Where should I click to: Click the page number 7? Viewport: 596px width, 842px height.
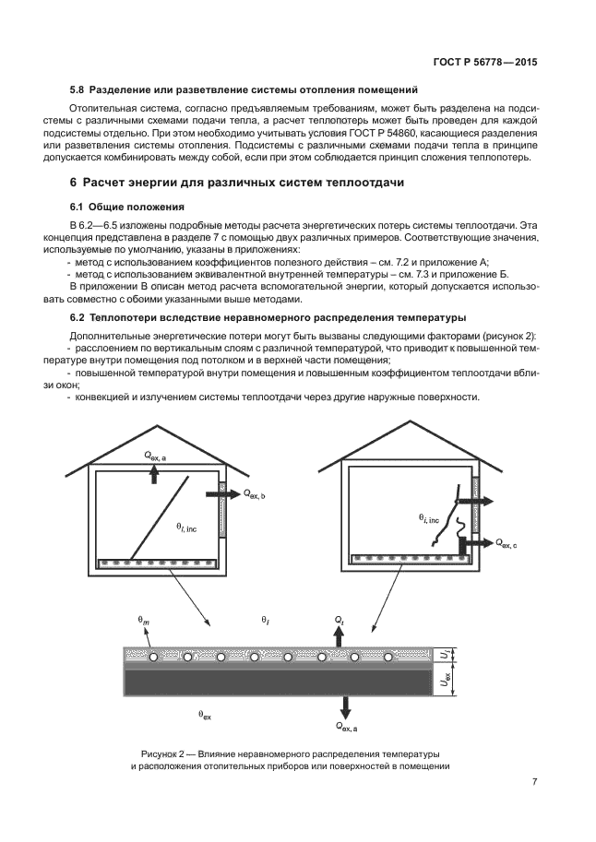coord(534,782)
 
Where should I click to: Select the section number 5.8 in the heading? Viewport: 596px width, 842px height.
coord(77,89)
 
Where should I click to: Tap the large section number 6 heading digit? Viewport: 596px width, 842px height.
coord(74,182)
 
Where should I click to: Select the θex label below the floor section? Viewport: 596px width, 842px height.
coord(205,714)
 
